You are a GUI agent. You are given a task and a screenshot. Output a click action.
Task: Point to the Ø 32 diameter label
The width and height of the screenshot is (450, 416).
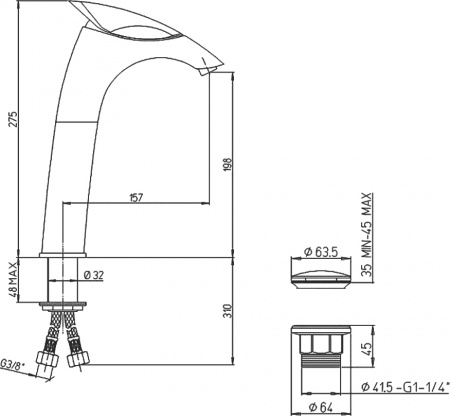pos(95,274)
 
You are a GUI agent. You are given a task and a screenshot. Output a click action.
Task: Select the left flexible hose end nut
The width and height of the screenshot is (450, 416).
pos(45,357)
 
